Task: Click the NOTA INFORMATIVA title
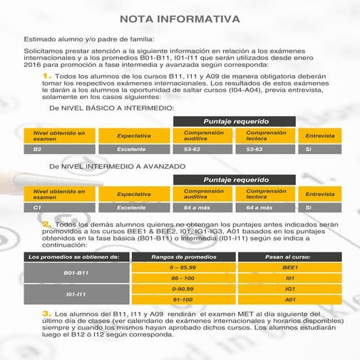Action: pyautogui.click(x=180, y=19)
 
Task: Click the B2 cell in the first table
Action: pyautogui.click(x=58, y=150)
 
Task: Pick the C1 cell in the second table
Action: pyautogui.click(x=58, y=207)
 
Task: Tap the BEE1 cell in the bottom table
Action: pyautogui.click(x=289, y=267)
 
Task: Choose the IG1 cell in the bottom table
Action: pyautogui.click(x=289, y=289)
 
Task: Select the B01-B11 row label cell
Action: pyautogui.click(x=76, y=273)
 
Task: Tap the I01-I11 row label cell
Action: pyautogui.click(x=76, y=294)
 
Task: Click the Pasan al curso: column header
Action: pyautogui.click(x=289, y=256)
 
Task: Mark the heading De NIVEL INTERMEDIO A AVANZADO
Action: pyautogui.click(x=117, y=166)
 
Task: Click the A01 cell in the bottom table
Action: pyautogui.click(x=289, y=300)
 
